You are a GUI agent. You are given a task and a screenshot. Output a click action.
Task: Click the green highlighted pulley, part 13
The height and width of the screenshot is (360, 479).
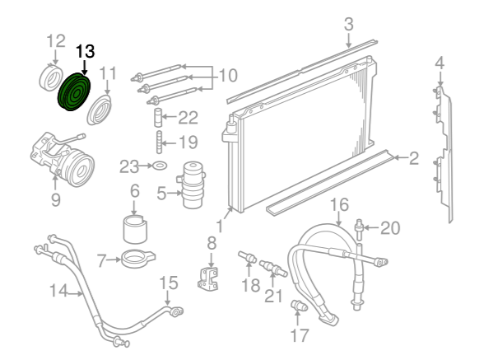click(x=74, y=91)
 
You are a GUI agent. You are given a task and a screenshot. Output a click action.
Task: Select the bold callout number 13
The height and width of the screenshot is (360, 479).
click(x=86, y=51)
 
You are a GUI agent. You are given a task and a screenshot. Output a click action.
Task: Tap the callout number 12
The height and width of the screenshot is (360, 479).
click(x=56, y=40)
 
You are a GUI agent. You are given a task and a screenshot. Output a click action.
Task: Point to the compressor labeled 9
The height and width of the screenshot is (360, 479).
click(x=63, y=159)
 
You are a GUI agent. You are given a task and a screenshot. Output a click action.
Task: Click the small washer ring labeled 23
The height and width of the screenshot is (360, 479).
click(x=160, y=166)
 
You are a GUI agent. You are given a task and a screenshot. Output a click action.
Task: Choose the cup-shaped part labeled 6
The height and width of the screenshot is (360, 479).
click(x=135, y=229)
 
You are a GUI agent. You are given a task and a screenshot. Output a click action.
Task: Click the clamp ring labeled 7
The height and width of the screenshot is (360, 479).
click(x=138, y=259)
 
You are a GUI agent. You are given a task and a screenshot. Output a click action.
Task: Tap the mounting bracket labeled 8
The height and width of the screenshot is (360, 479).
click(x=208, y=278)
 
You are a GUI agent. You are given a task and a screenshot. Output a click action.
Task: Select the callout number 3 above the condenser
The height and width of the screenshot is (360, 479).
click(x=349, y=24)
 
